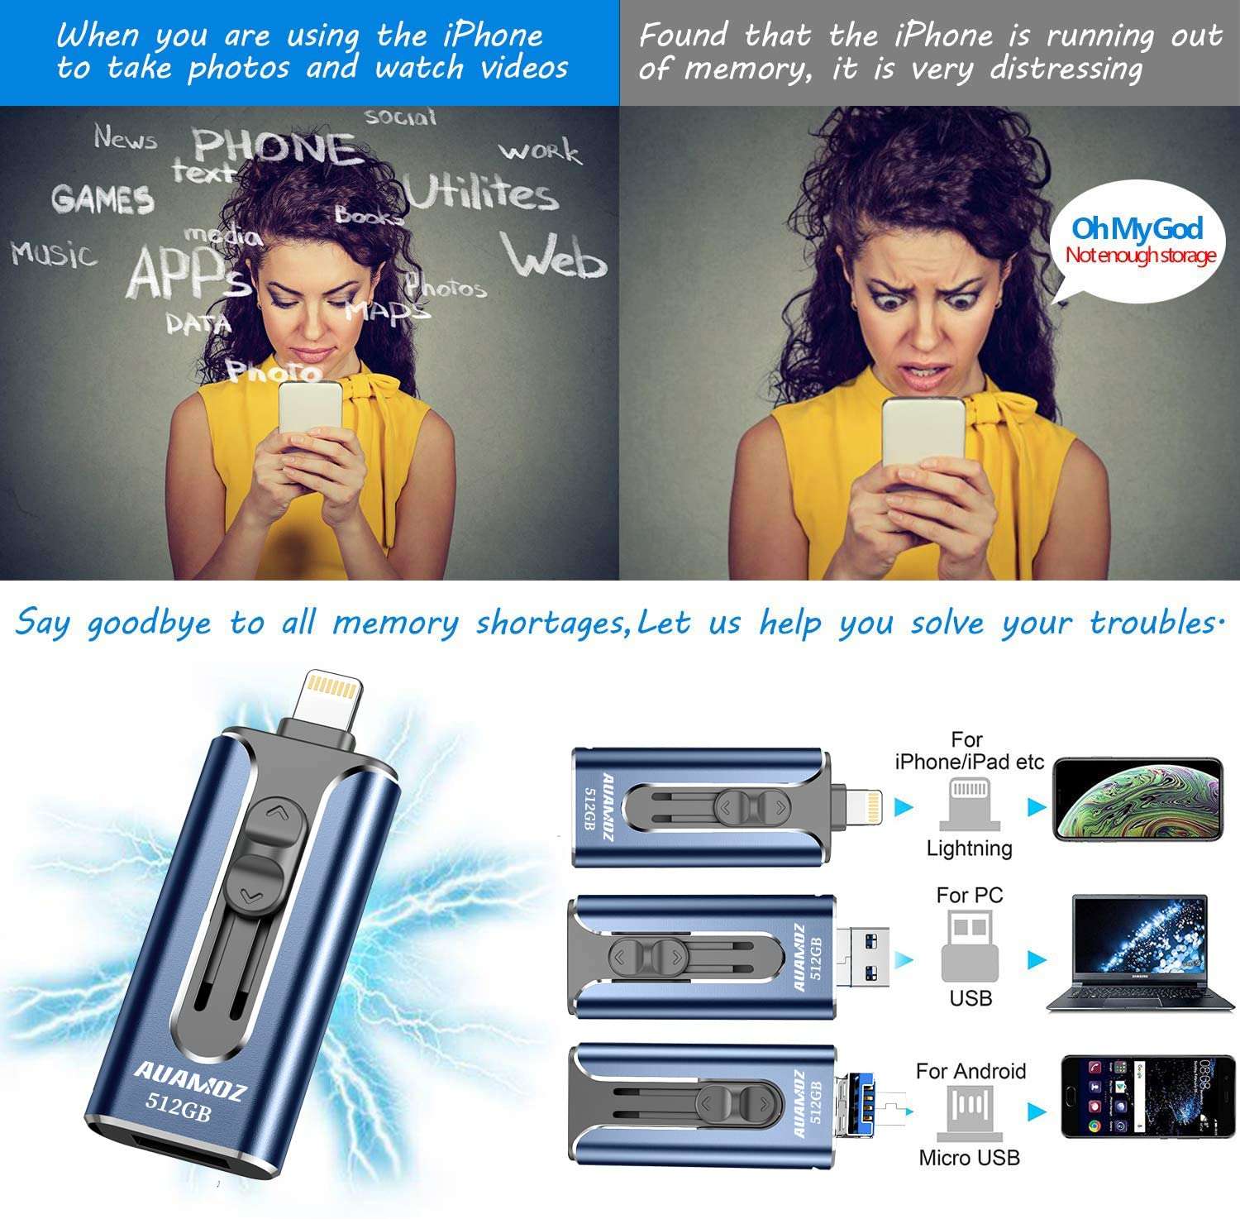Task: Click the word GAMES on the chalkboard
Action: pos(103,199)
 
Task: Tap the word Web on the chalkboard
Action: pos(553,256)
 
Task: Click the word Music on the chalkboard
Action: pos(54,252)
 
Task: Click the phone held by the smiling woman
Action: pos(309,414)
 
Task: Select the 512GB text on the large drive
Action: pos(179,1104)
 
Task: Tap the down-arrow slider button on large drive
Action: pos(252,892)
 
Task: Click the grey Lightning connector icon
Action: pos(969,803)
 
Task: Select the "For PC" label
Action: pos(969,895)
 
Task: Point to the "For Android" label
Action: pos(971,1071)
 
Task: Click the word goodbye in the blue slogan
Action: pos(149,624)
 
